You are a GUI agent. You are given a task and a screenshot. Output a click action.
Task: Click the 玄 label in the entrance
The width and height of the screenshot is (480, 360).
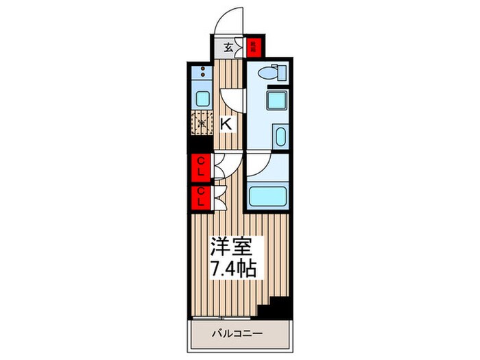[x=227, y=48]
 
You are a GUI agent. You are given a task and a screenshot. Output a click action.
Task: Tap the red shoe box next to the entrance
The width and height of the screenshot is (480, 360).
[x=253, y=47]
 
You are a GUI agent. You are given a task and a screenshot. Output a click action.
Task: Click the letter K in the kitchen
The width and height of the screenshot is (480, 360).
[x=226, y=125]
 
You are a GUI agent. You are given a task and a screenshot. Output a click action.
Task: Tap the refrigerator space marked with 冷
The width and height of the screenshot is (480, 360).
[x=202, y=125]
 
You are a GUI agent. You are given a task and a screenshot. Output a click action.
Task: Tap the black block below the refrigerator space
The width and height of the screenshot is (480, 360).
[x=202, y=145]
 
